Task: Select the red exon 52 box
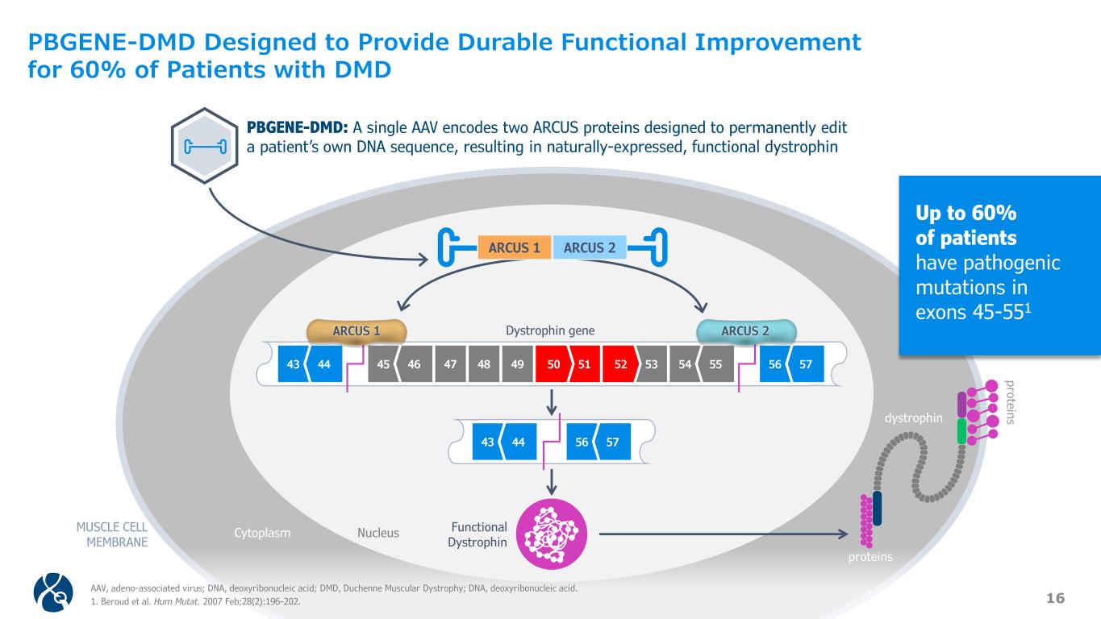[619, 365]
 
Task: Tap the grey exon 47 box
[450, 365]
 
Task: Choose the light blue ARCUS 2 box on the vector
[590, 247]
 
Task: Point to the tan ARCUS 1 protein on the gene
[357, 330]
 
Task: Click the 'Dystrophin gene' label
[549, 330]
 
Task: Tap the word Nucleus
[378, 533]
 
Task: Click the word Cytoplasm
[262, 533]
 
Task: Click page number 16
[1056, 597]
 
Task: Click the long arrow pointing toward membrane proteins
[726, 533]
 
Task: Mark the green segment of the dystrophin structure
[961, 430]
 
